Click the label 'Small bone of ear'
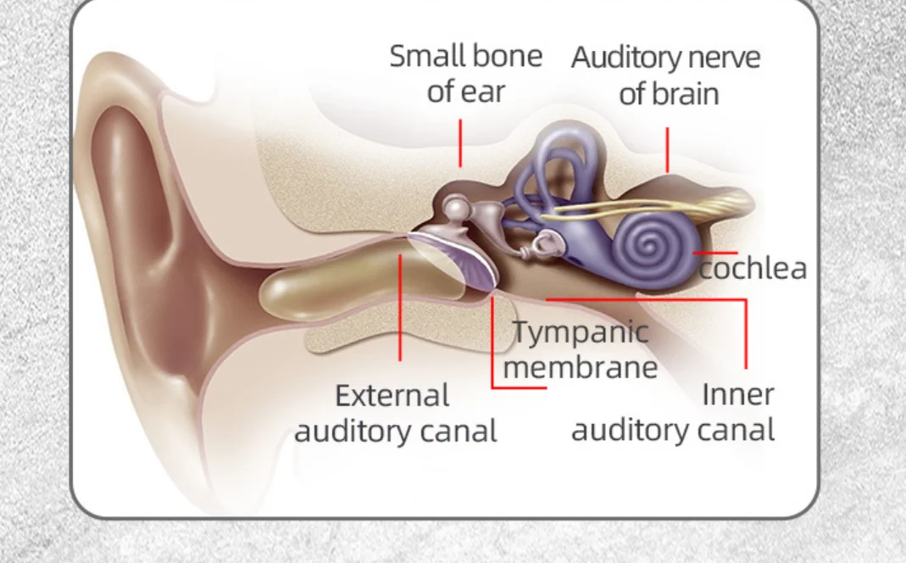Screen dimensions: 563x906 coord(465,73)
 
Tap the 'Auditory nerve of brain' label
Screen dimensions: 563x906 coord(666,75)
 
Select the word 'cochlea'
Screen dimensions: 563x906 coord(753,268)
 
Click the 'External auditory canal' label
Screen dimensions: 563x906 coord(395,413)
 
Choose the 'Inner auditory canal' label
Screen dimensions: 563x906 coord(674,412)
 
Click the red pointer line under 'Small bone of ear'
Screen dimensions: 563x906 coord(460,142)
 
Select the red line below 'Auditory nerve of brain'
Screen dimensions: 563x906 coord(667,149)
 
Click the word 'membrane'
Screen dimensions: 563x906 coord(585,366)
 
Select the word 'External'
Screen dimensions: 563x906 coord(392,395)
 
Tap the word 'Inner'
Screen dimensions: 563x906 coord(737,394)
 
